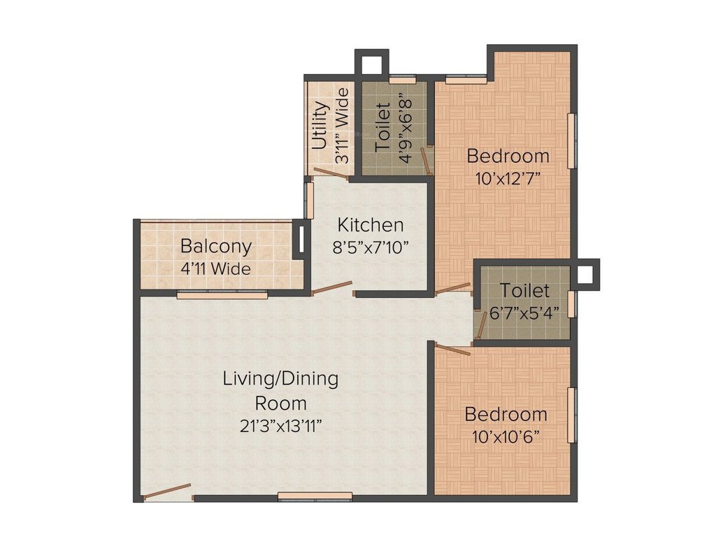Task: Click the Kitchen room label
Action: (x=370, y=225)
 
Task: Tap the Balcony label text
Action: (x=215, y=247)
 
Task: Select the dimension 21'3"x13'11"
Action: (x=280, y=426)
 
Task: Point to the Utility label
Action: (x=320, y=126)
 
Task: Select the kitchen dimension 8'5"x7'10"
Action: (x=370, y=247)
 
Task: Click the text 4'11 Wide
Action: (x=215, y=268)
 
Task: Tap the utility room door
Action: (x=331, y=173)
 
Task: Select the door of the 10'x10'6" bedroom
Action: (x=452, y=350)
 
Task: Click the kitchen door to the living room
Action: (x=331, y=288)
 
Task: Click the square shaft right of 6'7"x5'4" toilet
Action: (x=585, y=274)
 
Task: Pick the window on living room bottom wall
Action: (x=315, y=496)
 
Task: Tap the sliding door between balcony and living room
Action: (x=222, y=294)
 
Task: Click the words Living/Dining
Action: (x=280, y=379)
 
